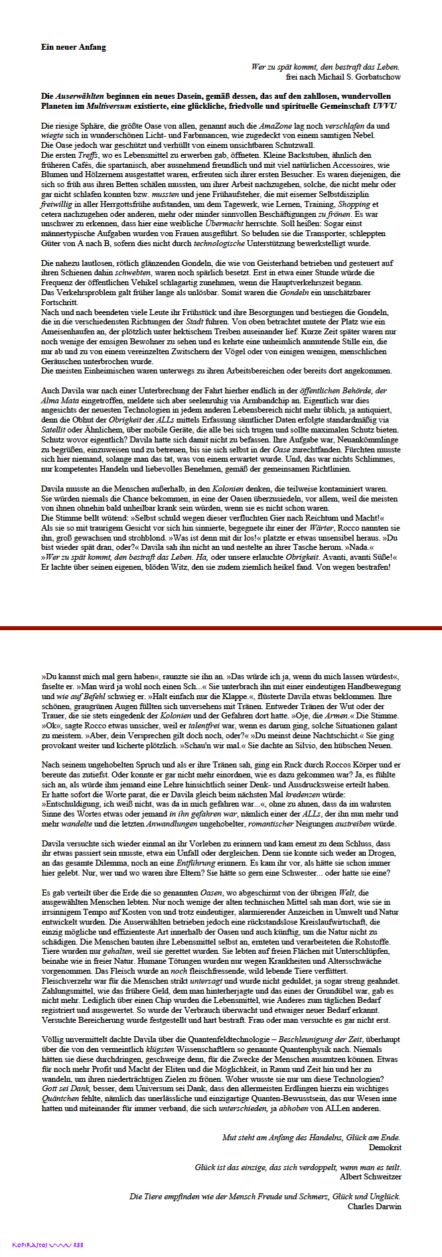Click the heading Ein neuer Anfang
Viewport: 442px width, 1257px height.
pos(73,47)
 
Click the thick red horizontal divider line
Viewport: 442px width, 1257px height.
pos(221,627)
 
